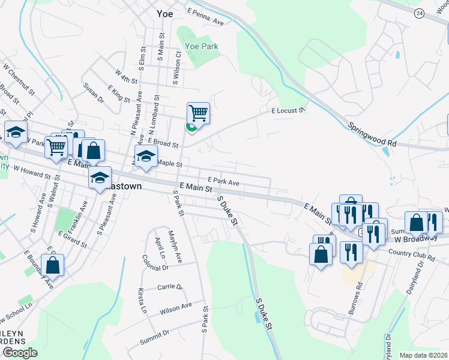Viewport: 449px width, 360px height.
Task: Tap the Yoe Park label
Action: pyautogui.click(x=201, y=46)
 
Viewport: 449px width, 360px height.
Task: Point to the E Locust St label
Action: pyautogui.click(x=289, y=110)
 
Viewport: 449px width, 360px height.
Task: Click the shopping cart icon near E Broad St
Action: pyautogui.click(x=198, y=113)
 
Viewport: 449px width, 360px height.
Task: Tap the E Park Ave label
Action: pyautogui.click(x=223, y=181)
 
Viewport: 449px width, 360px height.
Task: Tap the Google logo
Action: pyautogui.click(x=20, y=353)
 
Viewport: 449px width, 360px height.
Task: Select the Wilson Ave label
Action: pyautogui.click(x=175, y=309)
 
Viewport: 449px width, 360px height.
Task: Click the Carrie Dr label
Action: pyautogui.click(x=169, y=287)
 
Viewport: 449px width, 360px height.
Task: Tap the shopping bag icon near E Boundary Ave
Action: pyautogui.click(x=53, y=266)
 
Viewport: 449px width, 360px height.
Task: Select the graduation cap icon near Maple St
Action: pyautogui.click(x=145, y=157)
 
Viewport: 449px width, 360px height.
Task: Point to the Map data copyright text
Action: pyautogui.click(x=424, y=355)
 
